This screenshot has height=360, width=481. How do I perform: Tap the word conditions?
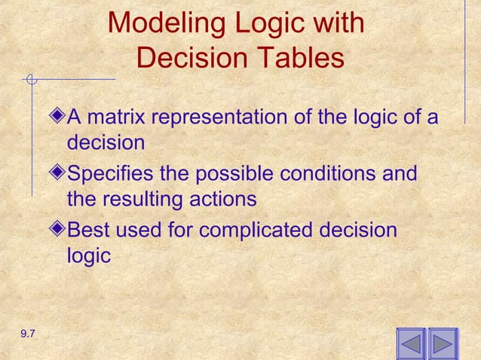(x=332, y=174)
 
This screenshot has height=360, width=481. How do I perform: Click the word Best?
(x=88, y=230)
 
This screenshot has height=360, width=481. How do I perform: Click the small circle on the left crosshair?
(x=31, y=78)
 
